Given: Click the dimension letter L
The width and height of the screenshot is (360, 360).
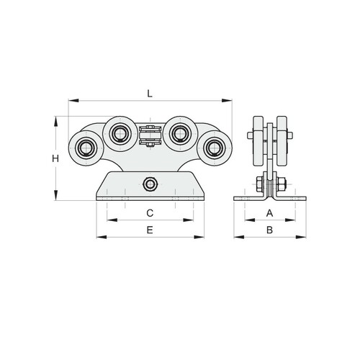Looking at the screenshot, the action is (x=150, y=94).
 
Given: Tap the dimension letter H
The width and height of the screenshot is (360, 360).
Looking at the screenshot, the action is (x=55, y=158).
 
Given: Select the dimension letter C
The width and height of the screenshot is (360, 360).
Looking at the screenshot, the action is (x=150, y=213).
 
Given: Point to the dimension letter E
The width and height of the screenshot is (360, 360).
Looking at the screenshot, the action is (x=150, y=230).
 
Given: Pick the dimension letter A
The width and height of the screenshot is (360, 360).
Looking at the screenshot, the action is (x=270, y=213).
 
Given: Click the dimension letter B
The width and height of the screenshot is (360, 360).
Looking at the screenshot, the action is (x=270, y=230).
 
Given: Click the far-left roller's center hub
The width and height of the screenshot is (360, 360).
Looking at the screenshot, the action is (x=84, y=148).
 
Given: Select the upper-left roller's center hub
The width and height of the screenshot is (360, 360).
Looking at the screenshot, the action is (x=119, y=133).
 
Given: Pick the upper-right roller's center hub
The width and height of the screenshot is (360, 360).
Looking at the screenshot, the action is (x=179, y=133).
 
